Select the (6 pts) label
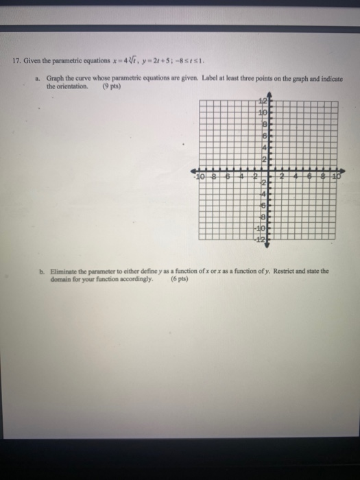pos(180,278)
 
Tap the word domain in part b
pos(57,278)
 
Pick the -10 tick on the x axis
pos(200,176)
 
